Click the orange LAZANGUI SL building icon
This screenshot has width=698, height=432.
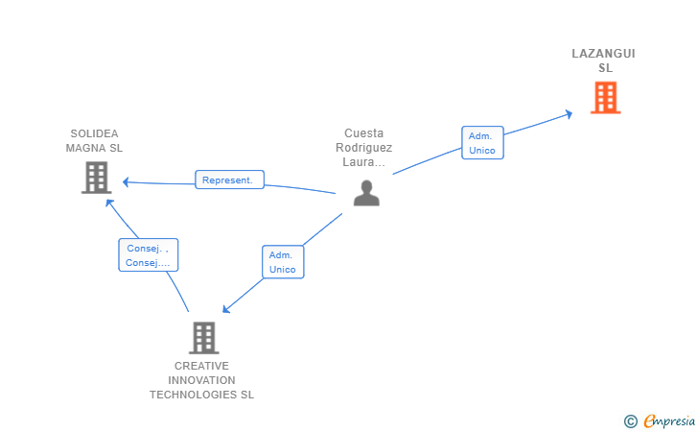[x=605, y=98]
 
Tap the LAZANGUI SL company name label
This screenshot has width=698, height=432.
[x=604, y=60]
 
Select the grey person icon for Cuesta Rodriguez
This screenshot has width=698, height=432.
[x=366, y=193]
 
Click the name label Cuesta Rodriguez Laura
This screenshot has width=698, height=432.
[x=363, y=148]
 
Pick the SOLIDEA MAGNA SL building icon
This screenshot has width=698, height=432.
[x=96, y=178]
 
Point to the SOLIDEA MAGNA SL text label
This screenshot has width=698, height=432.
[x=94, y=141]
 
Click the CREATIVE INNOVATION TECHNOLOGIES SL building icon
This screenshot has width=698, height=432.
[x=204, y=338]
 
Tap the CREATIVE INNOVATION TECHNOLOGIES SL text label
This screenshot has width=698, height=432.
[x=201, y=380]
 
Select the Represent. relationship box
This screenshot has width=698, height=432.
[x=230, y=180]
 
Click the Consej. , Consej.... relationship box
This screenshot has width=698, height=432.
[x=149, y=255]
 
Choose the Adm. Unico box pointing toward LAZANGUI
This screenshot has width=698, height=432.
[x=482, y=143]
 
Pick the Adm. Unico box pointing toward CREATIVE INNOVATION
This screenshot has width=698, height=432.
[x=283, y=262]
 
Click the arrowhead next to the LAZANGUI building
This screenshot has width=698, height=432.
[x=569, y=114]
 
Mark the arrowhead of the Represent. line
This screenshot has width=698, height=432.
[x=126, y=181]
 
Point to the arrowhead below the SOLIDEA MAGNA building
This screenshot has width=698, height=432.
[x=109, y=203]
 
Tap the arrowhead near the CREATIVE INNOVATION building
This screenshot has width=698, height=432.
[x=225, y=309]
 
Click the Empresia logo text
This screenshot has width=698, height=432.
[x=669, y=421]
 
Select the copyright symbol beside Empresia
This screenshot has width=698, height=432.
[x=630, y=421]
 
